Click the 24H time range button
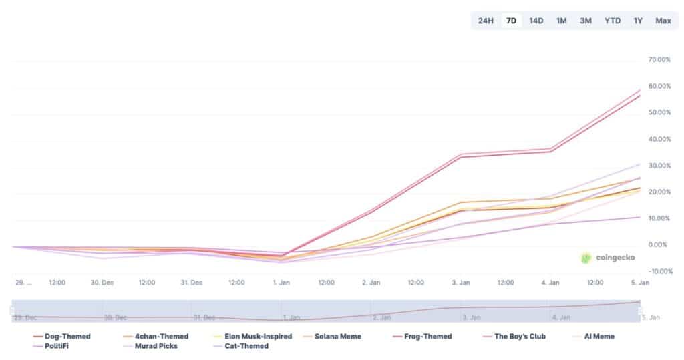pyautogui.click(x=486, y=21)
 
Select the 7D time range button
pyautogui.click(x=511, y=21)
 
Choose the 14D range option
pyautogui.click(x=536, y=21)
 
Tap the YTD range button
pyautogui.click(x=612, y=21)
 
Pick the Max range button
pyautogui.click(x=663, y=21)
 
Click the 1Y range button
pyautogui.click(x=638, y=21)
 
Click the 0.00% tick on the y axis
pyautogui.click(x=660, y=245)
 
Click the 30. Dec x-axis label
pyautogui.click(x=102, y=283)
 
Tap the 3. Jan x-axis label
pyautogui.click(x=461, y=283)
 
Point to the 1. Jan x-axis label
pyautogui.click(x=281, y=283)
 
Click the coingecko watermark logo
pyautogui.click(x=607, y=258)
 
